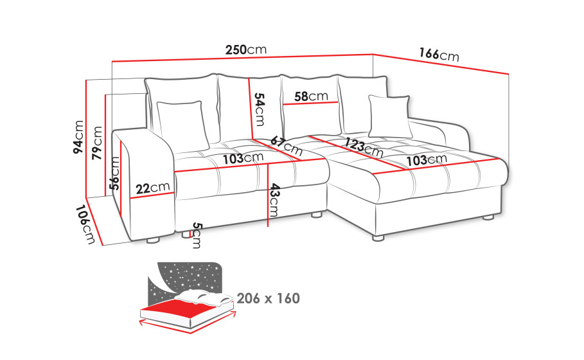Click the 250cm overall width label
pos(246,50)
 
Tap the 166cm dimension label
pos(439,55)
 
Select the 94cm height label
pos(78,137)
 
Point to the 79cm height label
pos(97,143)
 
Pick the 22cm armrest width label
pos(153,188)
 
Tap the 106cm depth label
pos(85,224)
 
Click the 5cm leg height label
pos(197,235)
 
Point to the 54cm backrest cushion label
pos(259,109)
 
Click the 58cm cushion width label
pos(311,96)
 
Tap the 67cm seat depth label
pos(287,146)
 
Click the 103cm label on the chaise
pos(427,160)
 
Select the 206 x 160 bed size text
pos(268,298)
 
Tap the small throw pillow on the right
pos(390,116)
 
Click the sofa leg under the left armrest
pos(153,240)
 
